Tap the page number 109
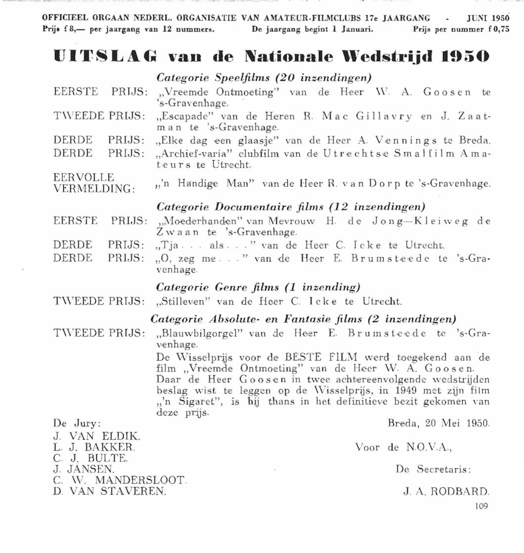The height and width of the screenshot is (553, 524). click(481, 506)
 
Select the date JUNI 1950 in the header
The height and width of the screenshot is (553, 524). click(488, 18)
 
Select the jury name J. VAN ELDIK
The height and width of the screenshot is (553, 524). click(97, 436)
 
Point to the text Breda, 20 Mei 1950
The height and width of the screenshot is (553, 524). click(438, 424)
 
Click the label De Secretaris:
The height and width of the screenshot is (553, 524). click(433, 469)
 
